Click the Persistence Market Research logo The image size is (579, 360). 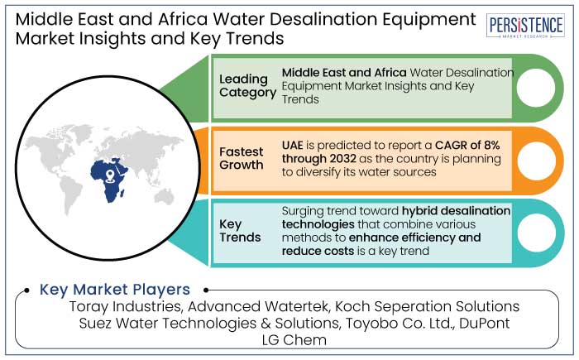pos(525,26)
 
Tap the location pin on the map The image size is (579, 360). pos(109,176)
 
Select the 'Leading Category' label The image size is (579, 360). pos(247,86)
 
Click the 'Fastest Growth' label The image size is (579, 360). pos(242,158)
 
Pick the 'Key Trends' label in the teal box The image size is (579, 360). pos(240,231)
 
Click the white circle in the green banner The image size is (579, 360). pos(536,88)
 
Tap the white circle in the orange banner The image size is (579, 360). pos(536,161)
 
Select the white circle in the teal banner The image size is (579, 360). pos(536,233)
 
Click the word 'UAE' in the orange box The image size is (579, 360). pos(293,146)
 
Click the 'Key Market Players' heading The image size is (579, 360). pos(115,290)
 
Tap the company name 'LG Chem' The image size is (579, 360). pos(294,340)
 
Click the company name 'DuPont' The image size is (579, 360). pos(485,323)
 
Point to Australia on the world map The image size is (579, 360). pos(164,196)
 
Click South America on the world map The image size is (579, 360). pos(71,194)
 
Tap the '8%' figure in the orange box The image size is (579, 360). pos(491,146)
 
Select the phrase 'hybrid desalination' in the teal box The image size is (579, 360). pos(456,211)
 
